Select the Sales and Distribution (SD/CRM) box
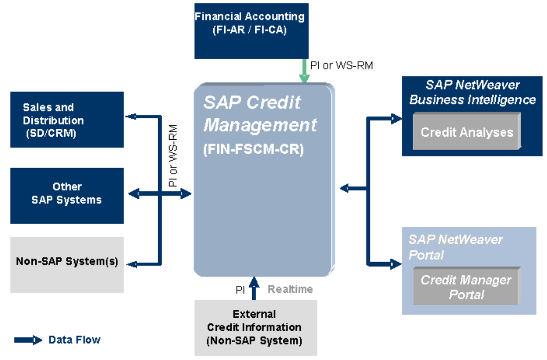(67, 119)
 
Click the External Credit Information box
(254, 327)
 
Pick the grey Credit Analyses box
(466, 132)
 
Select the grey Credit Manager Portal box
(466, 287)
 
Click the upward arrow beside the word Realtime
(254, 288)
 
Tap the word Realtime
(290, 289)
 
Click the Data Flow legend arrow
(29, 340)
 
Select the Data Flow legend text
(75, 340)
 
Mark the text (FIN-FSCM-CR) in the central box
(253, 149)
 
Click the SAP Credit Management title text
(259, 113)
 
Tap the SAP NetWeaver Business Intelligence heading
(472, 92)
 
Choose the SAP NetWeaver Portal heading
(456, 247)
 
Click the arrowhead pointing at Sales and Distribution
(131, 117)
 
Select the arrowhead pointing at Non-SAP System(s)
(131, 264)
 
